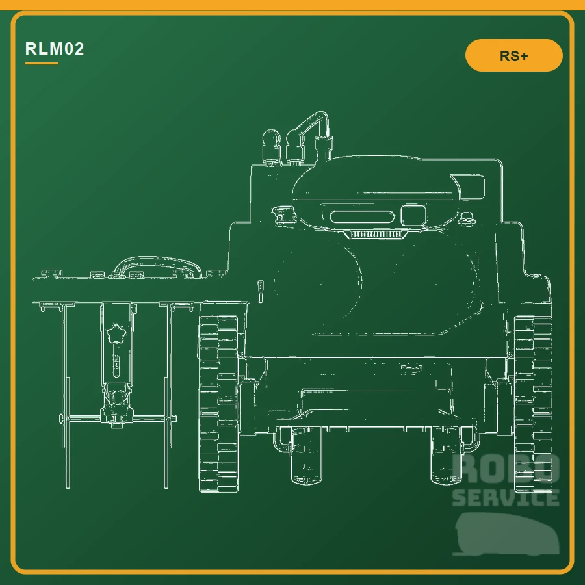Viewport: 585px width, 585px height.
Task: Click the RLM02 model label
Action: [x=55, y=49]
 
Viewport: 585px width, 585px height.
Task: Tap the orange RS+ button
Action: [x=513, y=55]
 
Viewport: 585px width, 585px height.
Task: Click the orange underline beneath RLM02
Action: [x=42, y=64]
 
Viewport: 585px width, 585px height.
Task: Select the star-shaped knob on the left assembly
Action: [x=116, y=334]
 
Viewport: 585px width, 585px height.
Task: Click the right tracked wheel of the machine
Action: [x=533, y=404]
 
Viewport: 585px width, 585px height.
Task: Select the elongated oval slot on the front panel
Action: [x=362, y=216]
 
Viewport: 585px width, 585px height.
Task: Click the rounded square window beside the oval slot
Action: [x=413, y=215]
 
